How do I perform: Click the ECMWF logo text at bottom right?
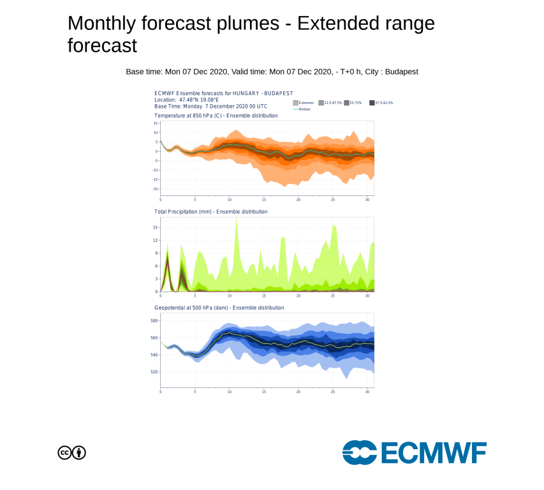(x=434, y=453)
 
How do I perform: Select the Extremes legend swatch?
(x=295, y=103)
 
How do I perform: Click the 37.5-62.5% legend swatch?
(x=371, y=103)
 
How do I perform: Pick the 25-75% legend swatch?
(x=346, y=103)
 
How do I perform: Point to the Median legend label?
(x=304, y=109)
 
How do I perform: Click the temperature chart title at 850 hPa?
(x=216, y=115)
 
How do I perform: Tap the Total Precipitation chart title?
(x=210, y=211)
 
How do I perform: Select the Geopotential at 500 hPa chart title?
(x=219, y=308)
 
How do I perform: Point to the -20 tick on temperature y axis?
(x=155, y=189)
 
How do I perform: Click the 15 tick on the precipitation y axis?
(x=155, y=226)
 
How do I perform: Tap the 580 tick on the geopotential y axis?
(x=154, y=320)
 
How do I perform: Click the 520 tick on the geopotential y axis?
(x=154, y=372)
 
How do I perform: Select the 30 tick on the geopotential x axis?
(x=367, y=392)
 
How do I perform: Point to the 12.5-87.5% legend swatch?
(x=321, y=103)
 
